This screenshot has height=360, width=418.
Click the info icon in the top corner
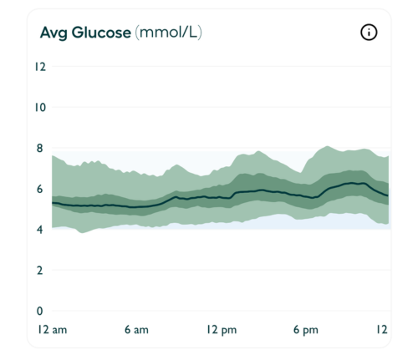[369, 33]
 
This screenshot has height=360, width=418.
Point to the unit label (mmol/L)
[168, 33]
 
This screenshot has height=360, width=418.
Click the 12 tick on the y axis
[38, 67]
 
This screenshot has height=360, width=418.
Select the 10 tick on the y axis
[38, 108]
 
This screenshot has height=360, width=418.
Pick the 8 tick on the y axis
[38, 149]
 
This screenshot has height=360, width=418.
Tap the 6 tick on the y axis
[38, 189]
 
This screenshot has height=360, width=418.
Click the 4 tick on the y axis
[38, 230]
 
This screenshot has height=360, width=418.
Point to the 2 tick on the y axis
[38, 271]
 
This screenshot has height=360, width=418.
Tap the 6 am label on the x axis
[136, 330]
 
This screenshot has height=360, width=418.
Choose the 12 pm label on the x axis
[221, 330]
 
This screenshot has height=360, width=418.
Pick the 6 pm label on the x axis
[305, 330]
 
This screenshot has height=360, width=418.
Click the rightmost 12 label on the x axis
[382, 330]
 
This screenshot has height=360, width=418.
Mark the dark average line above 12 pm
[221, 198]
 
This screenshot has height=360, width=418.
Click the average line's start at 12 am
[53, 203]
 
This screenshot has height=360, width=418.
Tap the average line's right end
[388, 195]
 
